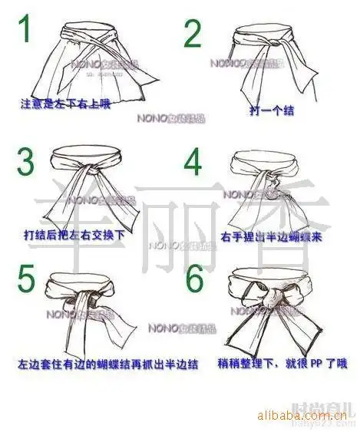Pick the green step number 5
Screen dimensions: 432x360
[x=27, y=280]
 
